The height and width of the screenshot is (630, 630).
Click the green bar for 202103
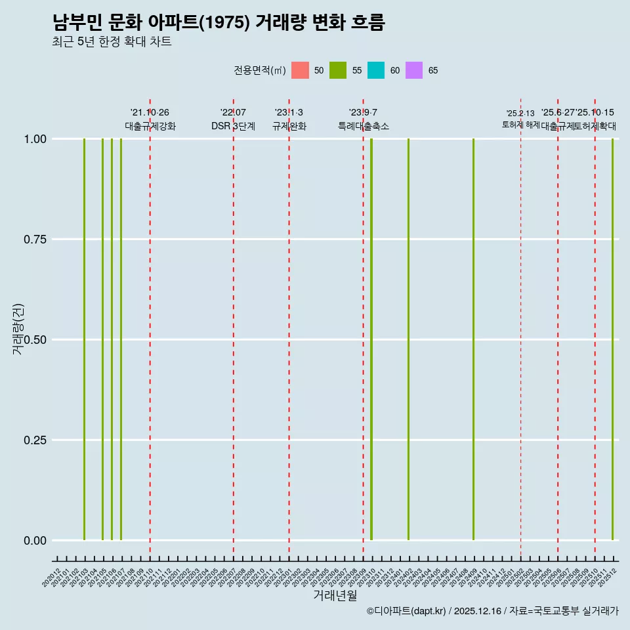point(84,339)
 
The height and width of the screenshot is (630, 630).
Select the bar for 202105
point(102,339)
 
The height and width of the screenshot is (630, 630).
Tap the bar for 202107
point(121,339)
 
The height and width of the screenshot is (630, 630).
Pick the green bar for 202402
point(408,339)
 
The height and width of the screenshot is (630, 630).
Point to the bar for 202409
point(473,339)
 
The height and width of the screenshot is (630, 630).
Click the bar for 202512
point(612,339)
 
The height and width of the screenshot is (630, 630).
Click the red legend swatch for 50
point(300,70)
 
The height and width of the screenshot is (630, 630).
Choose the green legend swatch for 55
point(338,70)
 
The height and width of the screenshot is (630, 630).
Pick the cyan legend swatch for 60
point(376,70)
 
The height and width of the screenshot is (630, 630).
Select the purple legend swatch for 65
point(414,70)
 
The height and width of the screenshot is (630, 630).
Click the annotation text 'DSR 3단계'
point(233,126)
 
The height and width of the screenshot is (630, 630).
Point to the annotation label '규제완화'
point(289,126)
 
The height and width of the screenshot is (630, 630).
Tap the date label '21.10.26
point(150,113)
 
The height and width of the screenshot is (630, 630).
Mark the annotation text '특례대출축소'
point(363,126)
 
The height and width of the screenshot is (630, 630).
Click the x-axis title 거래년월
point(335,595)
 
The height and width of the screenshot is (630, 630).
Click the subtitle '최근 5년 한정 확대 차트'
point(112,42)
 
